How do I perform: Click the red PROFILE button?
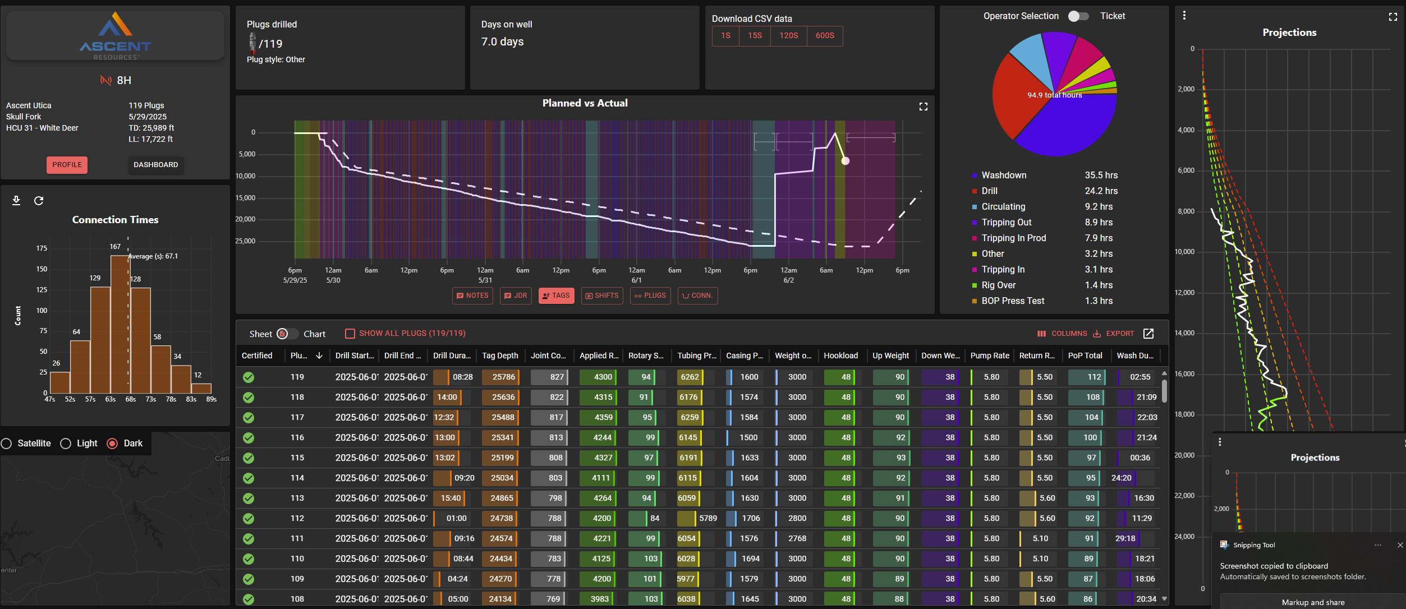click(67, 165)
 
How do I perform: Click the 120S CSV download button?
click(788, 36)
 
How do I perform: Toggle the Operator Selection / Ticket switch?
click(1078, 16)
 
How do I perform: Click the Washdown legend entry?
click(1003, 176)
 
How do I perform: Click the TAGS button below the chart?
click(556, 296)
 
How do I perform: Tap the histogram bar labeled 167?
click(120, 324)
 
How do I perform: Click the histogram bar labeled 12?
click(201, 388)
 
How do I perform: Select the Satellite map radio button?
click(7, 444)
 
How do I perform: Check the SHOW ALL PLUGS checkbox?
click(350, 334)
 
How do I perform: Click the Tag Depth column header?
click(499, 356)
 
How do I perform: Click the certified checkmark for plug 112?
click(249, 519)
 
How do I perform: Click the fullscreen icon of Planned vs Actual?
click(923, 107)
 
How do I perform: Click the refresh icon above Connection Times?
click(39, 201)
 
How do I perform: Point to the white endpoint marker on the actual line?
click(845, 161)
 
